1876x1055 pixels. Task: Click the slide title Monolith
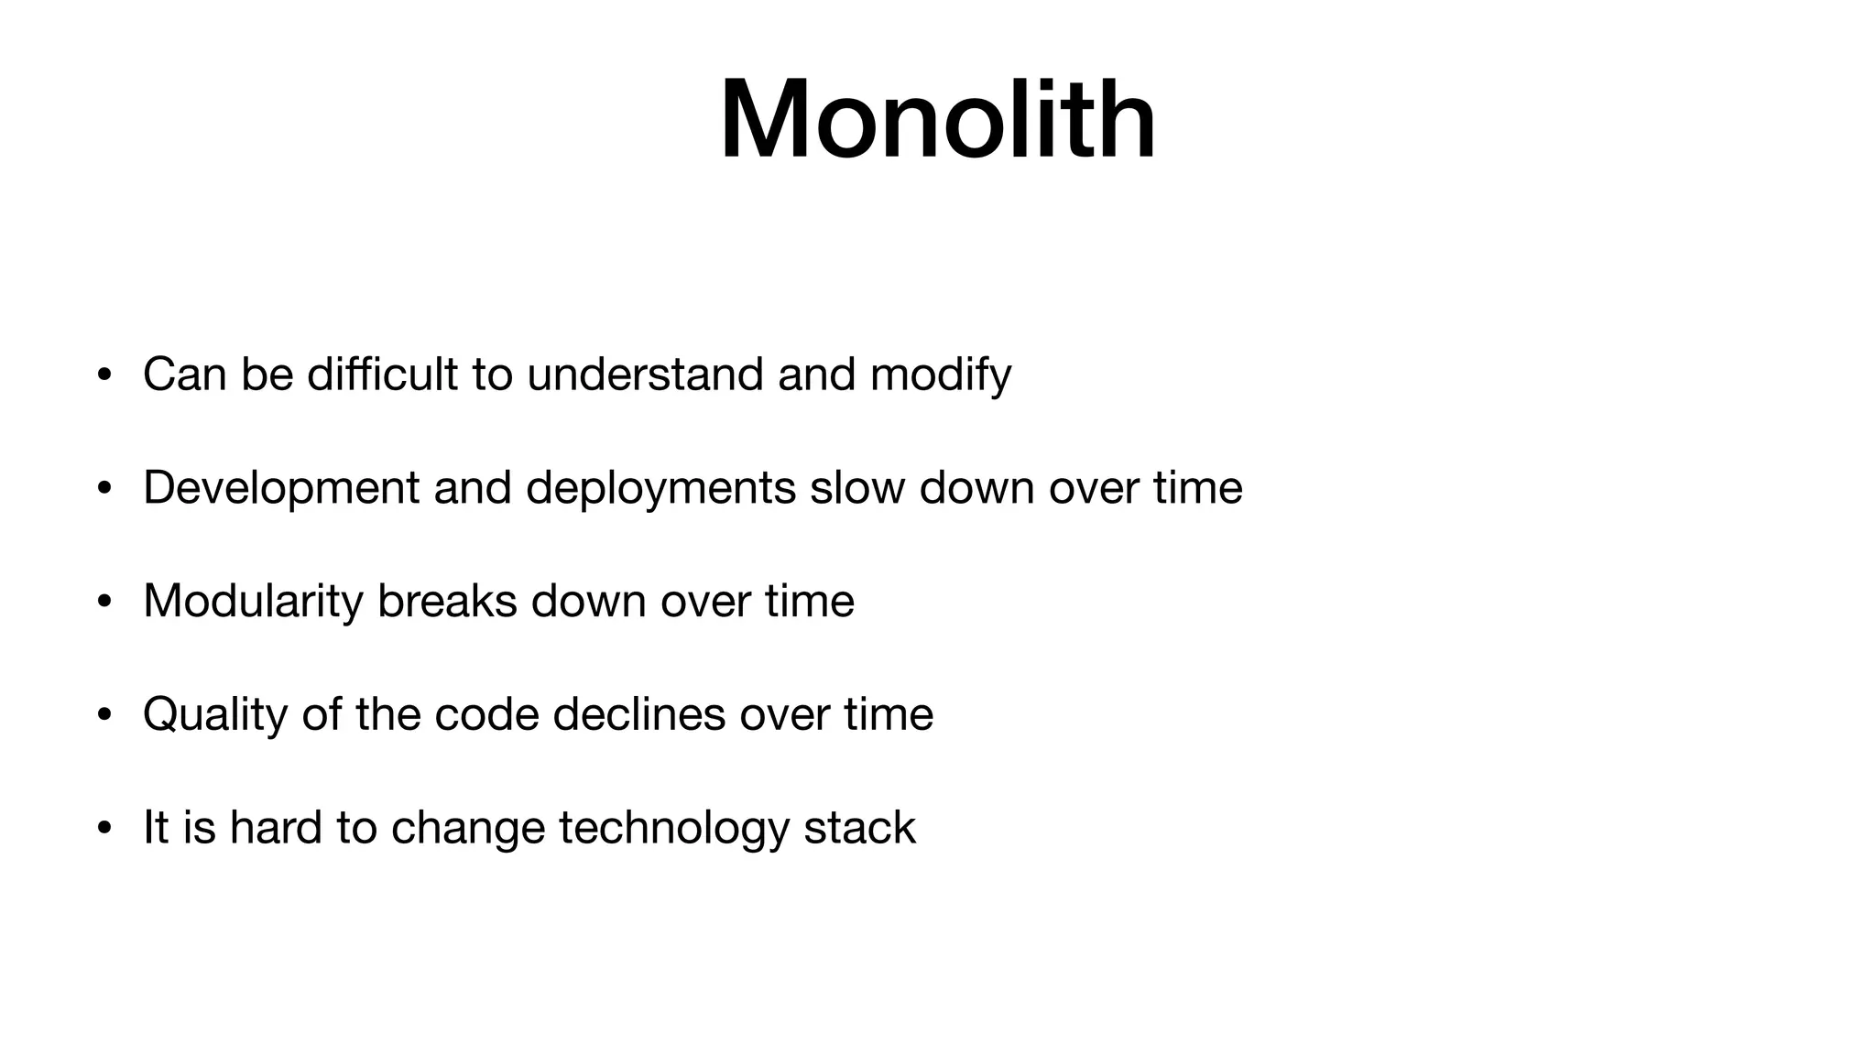point(937,120)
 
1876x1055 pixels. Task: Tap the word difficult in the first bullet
point(382,375)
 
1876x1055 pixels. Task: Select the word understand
point(645,375)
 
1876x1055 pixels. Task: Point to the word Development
point(281,488)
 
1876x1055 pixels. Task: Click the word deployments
point(660,488)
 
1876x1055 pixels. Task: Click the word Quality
point(215,715)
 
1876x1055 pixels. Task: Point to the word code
point(486,714)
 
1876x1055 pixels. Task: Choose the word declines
point(639,714)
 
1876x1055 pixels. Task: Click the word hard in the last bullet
point(276,828)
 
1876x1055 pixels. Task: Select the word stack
point(859,828)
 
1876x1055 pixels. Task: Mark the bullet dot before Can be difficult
point(104,375)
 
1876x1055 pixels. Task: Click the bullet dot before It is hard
point(104,829)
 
